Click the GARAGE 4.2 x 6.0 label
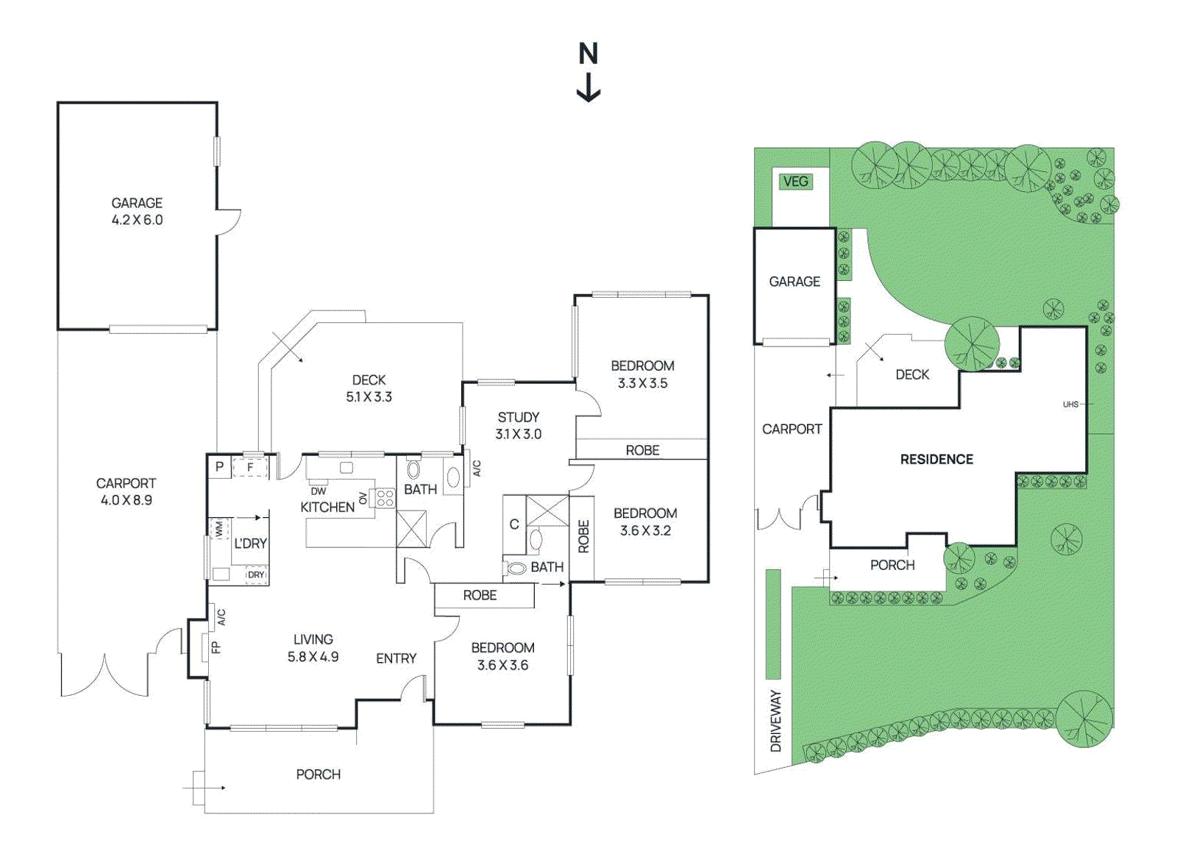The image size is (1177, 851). tap(137, 211)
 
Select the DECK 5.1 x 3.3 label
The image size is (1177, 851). tap(369, 388)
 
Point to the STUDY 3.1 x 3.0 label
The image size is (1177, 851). tap(518, 425)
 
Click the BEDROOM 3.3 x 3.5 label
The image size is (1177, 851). tap(642, 374)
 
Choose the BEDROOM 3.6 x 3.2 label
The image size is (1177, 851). tap(645, 521)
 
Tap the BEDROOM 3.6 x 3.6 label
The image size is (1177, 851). tap(502, 656)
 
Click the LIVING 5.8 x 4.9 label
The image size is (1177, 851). tap(313, 648)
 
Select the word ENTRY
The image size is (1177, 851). tap(396, 658)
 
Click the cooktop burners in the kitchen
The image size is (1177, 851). tap(385, 498)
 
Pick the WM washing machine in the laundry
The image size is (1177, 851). tap(218, 528)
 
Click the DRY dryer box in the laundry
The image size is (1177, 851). tap(255, 574)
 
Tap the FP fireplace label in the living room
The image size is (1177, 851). tap(216, 647)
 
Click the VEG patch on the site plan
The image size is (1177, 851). tap(795, 181)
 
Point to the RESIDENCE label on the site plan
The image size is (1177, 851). tap(936, 459)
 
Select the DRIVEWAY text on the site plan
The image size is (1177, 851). tap(775, 720)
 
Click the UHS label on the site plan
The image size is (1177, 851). tap(1070, 404)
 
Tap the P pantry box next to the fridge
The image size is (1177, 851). tap(219, 466)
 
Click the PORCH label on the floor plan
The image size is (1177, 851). tap(318, 774)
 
